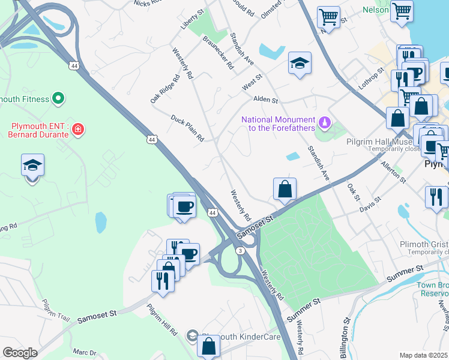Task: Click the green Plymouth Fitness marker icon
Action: coord(58,97)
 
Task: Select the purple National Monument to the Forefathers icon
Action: coord(325,122)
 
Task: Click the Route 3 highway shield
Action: coord(240,251)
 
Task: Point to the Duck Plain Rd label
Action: coord(187,129)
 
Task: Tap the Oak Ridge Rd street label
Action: coord(166,89)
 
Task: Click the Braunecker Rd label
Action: coord(217,53)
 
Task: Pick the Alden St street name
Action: coord(265,100)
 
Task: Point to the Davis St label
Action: coord(370,205)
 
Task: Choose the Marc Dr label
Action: coord(84,353)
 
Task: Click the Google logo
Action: coord(20,353)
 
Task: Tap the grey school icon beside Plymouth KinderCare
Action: coord(192,335)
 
